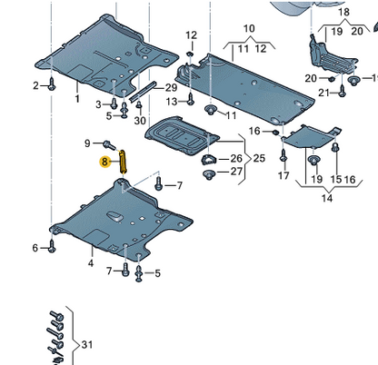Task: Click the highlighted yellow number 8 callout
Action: (104, 162)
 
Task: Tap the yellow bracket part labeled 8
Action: (123, 162)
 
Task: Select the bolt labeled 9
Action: (109, 145)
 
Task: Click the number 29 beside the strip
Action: (172, 88)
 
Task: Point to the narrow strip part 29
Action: (143, 92)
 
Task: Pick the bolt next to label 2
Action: (52, 84)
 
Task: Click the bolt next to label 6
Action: (52, 246)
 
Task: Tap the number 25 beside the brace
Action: (259, 158)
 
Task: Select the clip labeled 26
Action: (208, 160)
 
